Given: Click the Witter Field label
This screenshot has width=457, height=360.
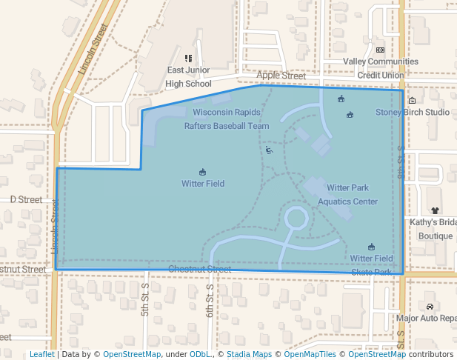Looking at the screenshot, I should tap(203, 184).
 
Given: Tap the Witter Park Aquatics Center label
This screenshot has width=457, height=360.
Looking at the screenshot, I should tap(347, 195).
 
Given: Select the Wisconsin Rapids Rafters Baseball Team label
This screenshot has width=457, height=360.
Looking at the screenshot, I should tap(227, 119).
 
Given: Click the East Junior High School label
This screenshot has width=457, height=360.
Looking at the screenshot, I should tap(188, 77).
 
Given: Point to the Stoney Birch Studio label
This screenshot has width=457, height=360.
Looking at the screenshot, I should tap(413, 113).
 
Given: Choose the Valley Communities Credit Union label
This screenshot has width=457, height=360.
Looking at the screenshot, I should tap(381, 68).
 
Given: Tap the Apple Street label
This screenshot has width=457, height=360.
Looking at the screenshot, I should tap(281, 76).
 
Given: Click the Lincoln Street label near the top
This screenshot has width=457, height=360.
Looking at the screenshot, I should tap(93, 49).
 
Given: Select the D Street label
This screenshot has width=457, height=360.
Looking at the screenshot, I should tap(26, 199).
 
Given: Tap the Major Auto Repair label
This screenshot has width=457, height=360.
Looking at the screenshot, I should tap(426, 319).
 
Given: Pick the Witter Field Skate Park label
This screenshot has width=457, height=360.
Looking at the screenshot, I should tap(371, 264).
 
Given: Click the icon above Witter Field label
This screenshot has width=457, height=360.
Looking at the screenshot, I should tap(203, 172).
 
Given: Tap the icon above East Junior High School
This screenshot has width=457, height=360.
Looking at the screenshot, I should tap(188, 58).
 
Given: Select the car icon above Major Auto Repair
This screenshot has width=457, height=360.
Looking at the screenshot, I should tap(430, 306).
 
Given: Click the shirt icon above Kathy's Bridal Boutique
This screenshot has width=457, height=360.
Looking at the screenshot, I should tap(435, 210).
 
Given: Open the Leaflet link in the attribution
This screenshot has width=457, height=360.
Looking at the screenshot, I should tap(41, 354).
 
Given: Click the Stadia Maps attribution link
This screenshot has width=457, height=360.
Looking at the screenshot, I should tap(247, 354).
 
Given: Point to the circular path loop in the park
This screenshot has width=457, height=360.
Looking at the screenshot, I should tap(296, 219).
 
